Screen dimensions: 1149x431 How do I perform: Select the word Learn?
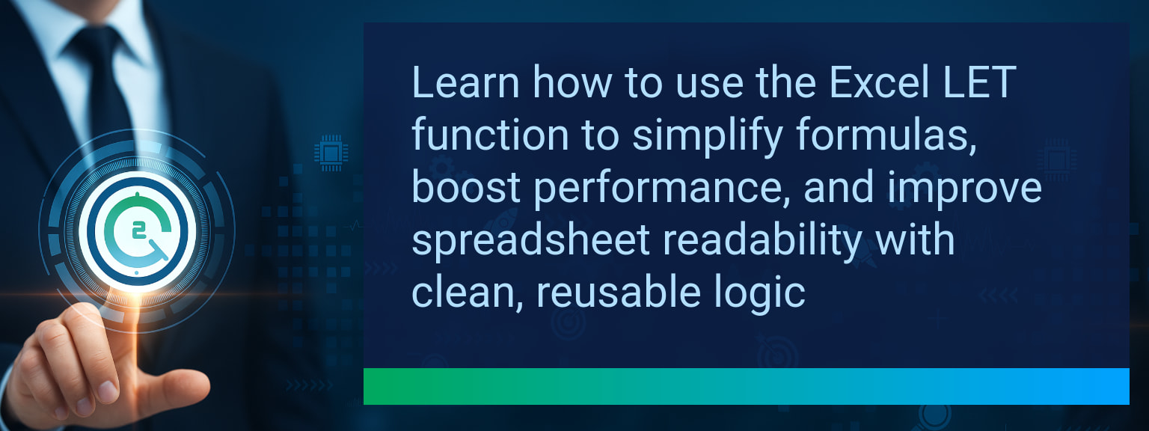pos(466,82)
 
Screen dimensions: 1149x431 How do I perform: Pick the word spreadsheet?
pos(531,240)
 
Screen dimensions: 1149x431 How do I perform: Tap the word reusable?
pos(619,292)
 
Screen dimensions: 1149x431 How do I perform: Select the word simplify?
pos(708,135)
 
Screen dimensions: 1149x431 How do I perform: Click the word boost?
pos(466,187)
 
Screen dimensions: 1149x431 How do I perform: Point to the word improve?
pos(964,188)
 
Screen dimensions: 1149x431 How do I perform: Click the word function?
pos(491,135)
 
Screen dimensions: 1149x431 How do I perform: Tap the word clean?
pos(468,293)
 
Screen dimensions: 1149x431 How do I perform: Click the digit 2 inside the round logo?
pos(138,230)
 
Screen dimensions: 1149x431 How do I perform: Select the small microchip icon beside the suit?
pos(331,153)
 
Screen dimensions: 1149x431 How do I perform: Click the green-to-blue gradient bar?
pos(747,386)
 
